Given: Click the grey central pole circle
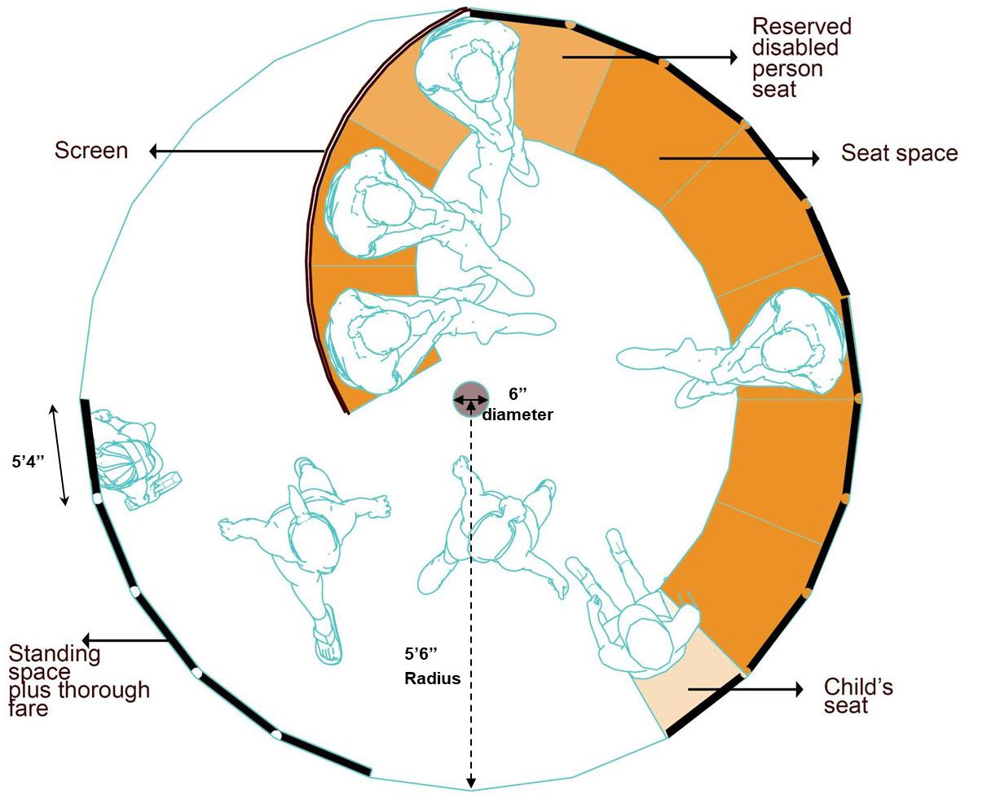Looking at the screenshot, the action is coord(471,399).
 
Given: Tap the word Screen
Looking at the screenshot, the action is coord(91,151).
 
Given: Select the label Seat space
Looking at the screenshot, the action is coord(899,153).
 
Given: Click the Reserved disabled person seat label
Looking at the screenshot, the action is coord(801,58).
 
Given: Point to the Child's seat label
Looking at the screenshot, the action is coord(858,696).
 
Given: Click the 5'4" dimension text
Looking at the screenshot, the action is coord(28,462).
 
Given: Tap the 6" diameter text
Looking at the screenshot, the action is coord(518,405).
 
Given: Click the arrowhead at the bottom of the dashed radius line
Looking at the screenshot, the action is coord(471,784).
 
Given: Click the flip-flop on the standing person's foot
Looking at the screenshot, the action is coord(328,640).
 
